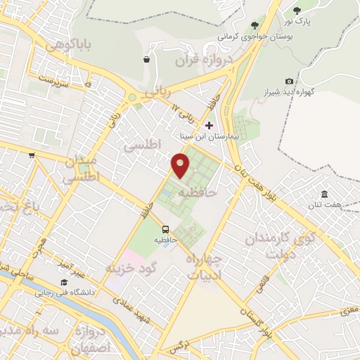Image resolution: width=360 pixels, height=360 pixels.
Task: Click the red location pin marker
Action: point(181,165)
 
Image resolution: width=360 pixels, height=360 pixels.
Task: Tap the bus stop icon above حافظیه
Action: point(165,229)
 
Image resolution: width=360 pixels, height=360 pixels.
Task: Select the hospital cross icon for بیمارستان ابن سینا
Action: point(209,125)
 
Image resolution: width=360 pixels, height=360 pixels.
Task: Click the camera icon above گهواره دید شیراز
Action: point(290,82)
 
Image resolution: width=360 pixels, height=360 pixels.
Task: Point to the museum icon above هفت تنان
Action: point(324,194)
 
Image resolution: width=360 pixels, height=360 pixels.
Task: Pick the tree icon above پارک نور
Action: point(296,10)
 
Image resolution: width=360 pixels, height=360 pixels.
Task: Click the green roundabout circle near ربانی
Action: point(131,98)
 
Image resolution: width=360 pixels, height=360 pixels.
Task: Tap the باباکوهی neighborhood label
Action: point(67,44)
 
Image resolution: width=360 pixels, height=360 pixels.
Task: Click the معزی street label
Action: point(349,307)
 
